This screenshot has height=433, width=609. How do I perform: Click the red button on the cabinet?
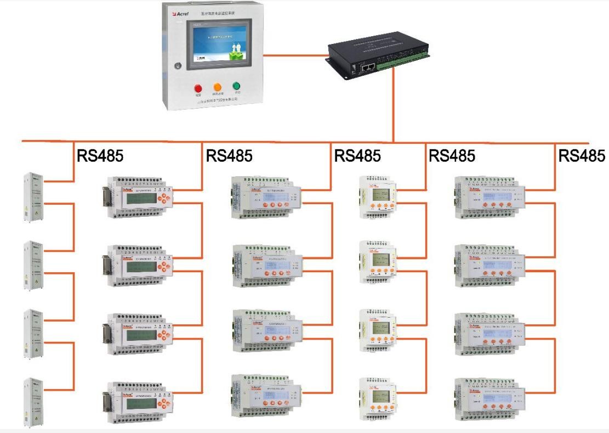coord(198,88)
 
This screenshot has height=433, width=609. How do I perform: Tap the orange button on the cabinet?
coord(217,87)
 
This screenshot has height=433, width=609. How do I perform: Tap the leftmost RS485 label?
coord(100,156)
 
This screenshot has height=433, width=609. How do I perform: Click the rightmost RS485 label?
coord(582,156)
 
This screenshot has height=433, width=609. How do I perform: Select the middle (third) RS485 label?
coord(357,156)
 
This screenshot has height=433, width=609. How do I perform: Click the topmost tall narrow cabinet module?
coord(33,198)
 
